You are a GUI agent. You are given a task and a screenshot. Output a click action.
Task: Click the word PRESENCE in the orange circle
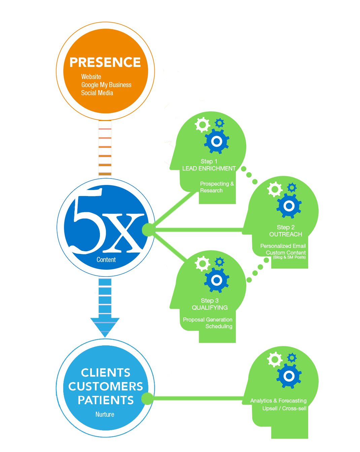coord(105,63)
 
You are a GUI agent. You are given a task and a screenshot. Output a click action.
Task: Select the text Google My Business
coord(106,85)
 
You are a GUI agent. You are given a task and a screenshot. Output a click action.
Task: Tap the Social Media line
coord(97,93)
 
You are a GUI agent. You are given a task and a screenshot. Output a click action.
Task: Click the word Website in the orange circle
coord(91,77)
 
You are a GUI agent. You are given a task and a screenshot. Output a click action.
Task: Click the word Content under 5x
coord(106,260)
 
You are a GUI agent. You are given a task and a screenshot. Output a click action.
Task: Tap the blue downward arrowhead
coord(105,327)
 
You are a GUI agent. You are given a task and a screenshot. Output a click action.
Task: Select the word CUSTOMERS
coord(106,386)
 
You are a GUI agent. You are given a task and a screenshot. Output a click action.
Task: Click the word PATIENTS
coord(106,400)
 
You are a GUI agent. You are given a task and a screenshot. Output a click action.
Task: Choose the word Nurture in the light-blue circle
coord(105,414)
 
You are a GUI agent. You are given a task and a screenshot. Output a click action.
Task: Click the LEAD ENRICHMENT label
coord(209,168)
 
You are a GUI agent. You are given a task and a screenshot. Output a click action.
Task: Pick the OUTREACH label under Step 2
coord(286,234)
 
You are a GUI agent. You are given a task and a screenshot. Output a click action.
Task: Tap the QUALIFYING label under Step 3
coord(210,308)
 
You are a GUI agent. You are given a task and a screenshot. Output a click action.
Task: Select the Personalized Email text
coord(283,246)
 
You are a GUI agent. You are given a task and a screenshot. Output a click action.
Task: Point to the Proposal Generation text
coord(208,319)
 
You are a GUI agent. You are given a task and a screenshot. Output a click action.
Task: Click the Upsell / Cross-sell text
coord(284,409)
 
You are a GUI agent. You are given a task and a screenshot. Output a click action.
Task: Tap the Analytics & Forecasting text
coord(278,401)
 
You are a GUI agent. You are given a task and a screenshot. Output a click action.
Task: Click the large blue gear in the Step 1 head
coord(217,142)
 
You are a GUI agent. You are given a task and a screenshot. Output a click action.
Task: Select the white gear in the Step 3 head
coord(203,264)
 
